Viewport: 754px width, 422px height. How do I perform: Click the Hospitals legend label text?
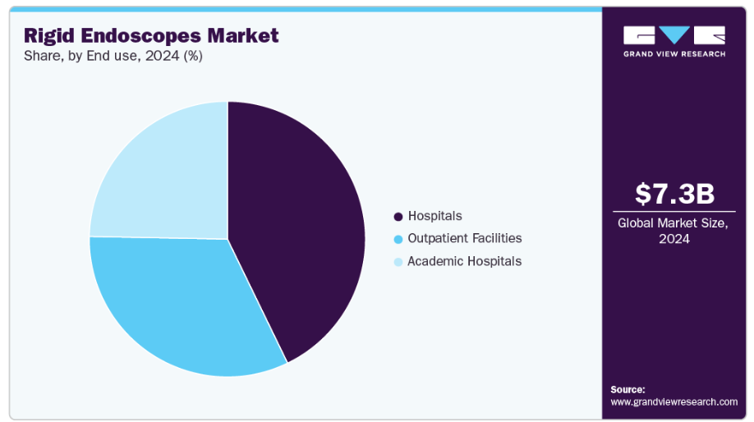(x=434, y=216)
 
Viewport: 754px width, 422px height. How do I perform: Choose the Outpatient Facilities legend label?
(x=464, y=238)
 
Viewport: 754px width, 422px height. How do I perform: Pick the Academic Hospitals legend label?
(x=464, y=261)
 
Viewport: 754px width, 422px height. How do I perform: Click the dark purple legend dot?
(x=398, y=217)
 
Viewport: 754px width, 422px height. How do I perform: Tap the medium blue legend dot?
(x=398, y=239)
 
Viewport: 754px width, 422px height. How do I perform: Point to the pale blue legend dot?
(x=398, y=262)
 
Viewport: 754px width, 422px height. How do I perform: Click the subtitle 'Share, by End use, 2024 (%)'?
(x=113, y=57)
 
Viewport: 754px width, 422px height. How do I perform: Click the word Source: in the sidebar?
(x=628, y=389)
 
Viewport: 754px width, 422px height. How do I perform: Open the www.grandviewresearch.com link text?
(x=674, y=401)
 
